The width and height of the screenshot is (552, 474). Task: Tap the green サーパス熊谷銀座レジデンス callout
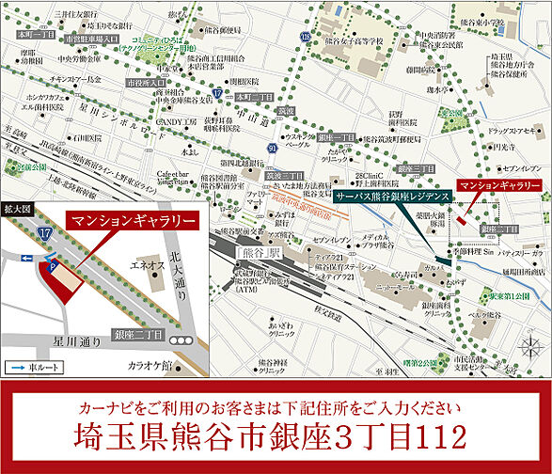(392, 199)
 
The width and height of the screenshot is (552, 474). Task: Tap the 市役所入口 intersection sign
(144, 82)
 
